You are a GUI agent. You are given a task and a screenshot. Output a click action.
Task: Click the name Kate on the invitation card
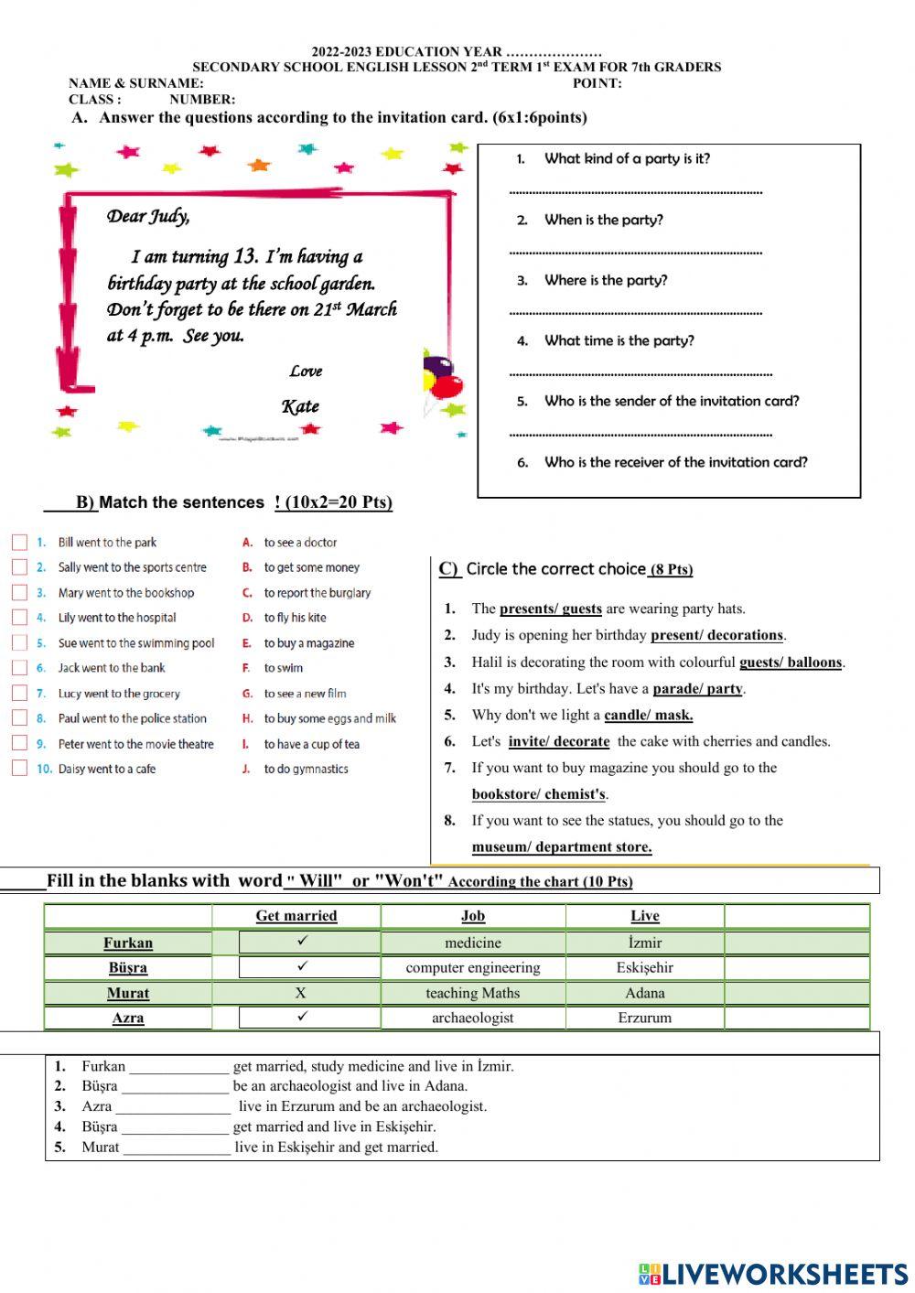(300, 406)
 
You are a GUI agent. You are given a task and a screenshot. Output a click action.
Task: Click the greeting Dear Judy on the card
(148, 216)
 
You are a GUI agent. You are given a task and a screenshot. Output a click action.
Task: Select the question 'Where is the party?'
(605, 280)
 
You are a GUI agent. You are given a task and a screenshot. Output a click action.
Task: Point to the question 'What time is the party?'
(619, 340)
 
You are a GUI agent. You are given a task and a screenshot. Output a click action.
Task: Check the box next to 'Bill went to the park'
(19, 543)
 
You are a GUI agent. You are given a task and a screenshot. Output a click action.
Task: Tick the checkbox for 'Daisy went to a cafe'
(19, 769)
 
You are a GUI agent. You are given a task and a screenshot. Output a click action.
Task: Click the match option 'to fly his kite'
(295, 618)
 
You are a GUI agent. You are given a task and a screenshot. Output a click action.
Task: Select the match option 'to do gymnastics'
(306, 769)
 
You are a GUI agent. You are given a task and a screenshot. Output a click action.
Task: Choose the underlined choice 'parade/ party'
(698, 689)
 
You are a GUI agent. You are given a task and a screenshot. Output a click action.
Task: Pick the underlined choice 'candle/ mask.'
(648, 716)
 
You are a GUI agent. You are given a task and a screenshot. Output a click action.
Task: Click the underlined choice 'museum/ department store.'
(562, 847)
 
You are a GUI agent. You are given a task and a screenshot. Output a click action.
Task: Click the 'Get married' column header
(296, 916)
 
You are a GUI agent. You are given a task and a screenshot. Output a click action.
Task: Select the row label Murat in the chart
(128, 994)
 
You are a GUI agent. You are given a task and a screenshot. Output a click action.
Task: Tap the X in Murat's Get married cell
(300, 993)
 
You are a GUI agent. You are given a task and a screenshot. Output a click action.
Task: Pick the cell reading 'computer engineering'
(472, 968)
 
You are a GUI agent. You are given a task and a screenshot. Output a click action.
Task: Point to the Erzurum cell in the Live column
(644, 1018)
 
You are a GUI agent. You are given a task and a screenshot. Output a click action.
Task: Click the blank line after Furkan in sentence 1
(179, 1067)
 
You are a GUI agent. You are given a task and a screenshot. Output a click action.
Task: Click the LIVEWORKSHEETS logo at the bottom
(773, 1274)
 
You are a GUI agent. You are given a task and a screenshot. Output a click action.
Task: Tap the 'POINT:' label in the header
(597, 83)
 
